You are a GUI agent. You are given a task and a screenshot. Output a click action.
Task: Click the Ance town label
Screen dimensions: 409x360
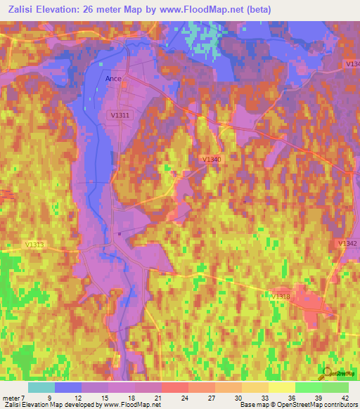coord(113,79)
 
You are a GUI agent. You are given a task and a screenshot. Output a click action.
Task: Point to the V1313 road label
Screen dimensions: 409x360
coord(34,245)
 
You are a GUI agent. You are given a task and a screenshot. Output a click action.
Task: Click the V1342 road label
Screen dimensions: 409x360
coord(347,243)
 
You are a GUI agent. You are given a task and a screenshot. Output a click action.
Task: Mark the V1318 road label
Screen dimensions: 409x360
coord(281,297)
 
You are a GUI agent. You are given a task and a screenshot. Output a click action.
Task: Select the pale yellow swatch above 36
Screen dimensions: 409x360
coord(281,387)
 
